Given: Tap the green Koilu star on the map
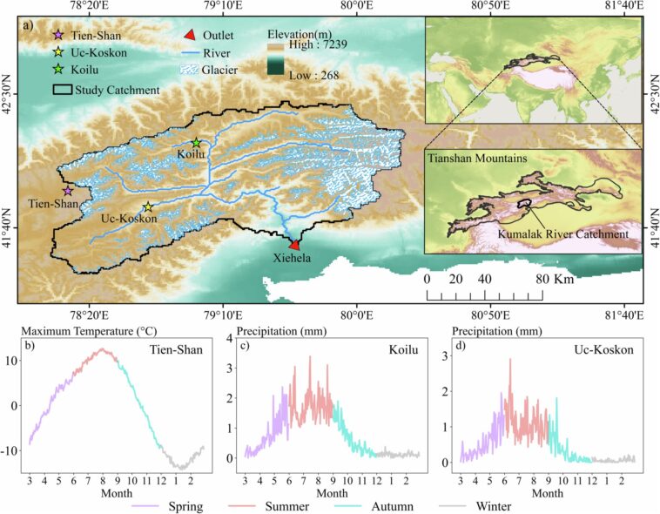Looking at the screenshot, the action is (197, 142).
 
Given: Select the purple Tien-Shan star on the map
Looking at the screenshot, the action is (68, 191).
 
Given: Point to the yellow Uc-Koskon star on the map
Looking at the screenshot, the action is (148, 207).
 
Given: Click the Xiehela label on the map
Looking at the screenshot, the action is (295, 260).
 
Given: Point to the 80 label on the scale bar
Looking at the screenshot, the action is (542, 280).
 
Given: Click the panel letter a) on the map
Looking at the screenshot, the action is (29, 24).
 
